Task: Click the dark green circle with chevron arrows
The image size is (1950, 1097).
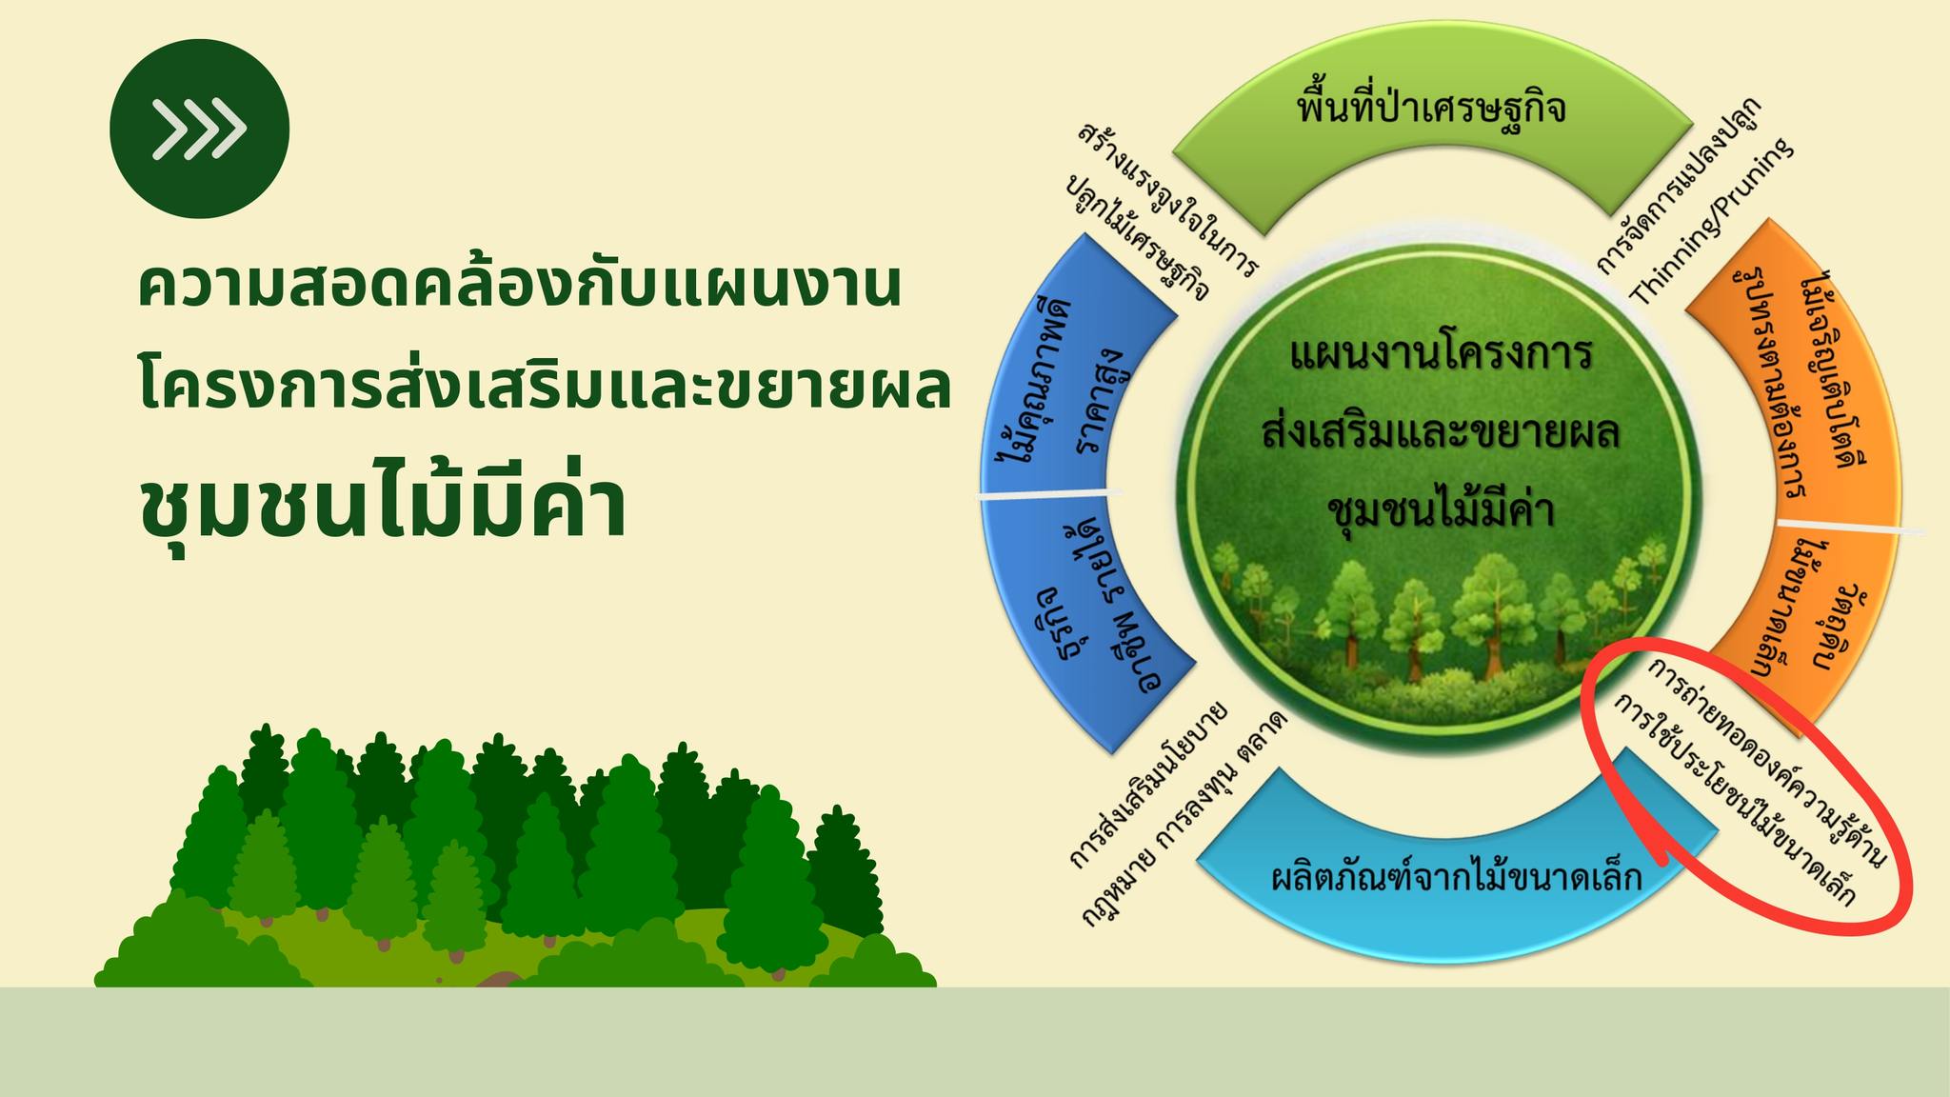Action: point(199,128)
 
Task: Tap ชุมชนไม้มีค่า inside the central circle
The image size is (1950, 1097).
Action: point(1440,511)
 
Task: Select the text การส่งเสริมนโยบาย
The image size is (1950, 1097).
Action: point(1147,786)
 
